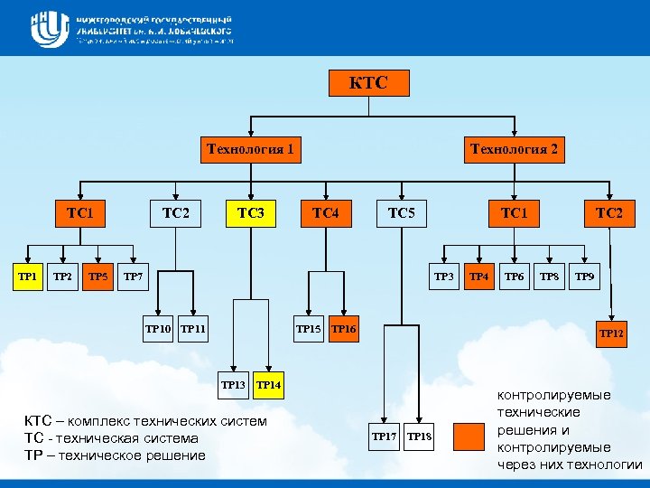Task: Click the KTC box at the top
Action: [x=368, y=83]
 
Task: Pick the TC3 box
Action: [x=250, y=213]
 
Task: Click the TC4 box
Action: [x=325, y=213]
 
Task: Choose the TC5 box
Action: [x=401, y=213]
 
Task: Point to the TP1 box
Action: [x=28, y=276]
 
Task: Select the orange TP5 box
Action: [x=98, y=276]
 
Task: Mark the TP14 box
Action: [x=269, y=385]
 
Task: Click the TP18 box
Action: [x=420, y=437]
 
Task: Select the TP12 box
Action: [x=611, y=333]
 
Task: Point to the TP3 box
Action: [x=444, y=276]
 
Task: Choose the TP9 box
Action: [x=585, y=276]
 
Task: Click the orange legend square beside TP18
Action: [x=469, y=436]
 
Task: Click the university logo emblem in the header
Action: [x=49, y=29]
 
